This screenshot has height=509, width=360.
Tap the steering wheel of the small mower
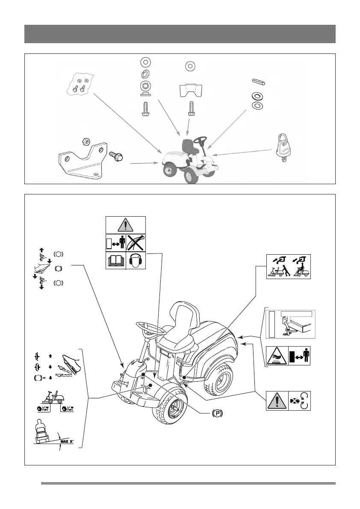pyautogui.click(x=200, y=140)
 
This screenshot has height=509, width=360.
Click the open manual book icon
pyautogui.click(x=116, y=260)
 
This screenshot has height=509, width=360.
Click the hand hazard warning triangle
pyautogui.click(x=277, y=356)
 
